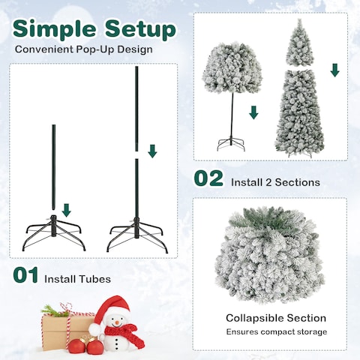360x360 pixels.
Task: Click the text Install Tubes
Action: pos(77,279)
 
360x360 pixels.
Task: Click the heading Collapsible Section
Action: pos(276,318)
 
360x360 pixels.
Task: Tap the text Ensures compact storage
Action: pos(276,331)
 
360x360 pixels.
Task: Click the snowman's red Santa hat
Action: pos(112,307)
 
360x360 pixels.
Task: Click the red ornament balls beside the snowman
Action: pos(85,345)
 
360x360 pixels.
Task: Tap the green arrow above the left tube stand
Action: pos(66,209)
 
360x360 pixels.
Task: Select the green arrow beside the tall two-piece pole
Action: pos(153,151)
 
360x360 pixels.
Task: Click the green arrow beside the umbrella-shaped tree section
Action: pos(253,112)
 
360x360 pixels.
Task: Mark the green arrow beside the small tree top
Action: pos(334,70)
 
